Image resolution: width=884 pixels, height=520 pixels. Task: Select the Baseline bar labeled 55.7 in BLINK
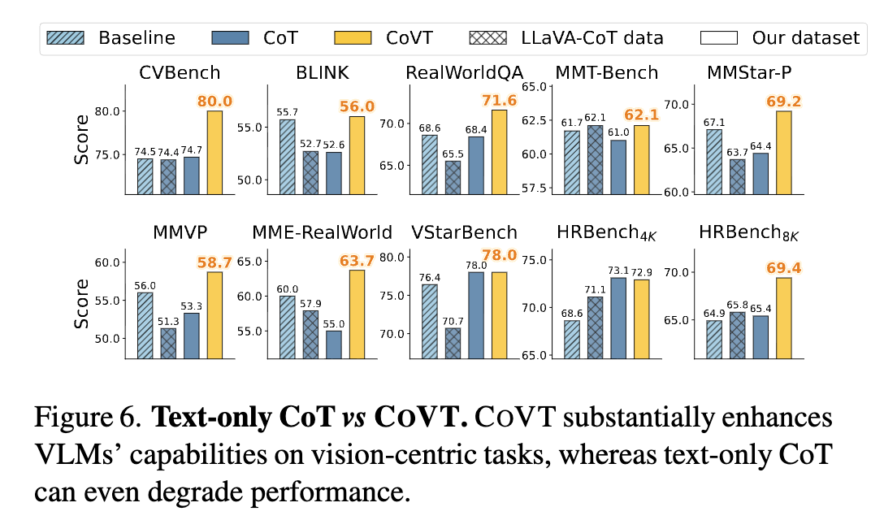click(x=287, y=157)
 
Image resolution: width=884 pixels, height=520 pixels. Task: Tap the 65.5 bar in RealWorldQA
click(x=453, y=177)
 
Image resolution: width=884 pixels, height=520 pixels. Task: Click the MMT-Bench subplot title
click(x=606, y=73)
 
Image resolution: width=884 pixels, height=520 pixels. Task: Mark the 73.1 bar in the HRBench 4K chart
click(x=619, y=318)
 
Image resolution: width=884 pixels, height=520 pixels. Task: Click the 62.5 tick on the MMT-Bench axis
click(x=537, y=119)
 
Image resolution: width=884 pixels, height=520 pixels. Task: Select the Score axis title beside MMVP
click(x=82, y=304)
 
